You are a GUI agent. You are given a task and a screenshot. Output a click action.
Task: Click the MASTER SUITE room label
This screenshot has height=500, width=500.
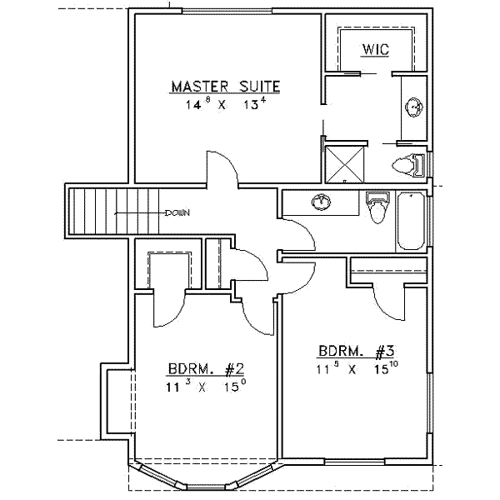(225, 87)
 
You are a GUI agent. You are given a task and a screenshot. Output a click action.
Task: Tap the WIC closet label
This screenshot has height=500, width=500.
(375, 50)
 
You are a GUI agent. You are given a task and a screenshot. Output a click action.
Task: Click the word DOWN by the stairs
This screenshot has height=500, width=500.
(177, 212)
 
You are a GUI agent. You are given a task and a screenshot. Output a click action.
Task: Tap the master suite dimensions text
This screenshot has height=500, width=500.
(225, 105)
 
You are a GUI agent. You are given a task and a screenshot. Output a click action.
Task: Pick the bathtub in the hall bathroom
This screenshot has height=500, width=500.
(411, 221)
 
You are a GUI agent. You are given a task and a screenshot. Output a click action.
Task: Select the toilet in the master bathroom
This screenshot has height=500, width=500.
(410, 165)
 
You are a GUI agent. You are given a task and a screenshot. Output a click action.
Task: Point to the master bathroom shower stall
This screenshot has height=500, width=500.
(343, 162)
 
